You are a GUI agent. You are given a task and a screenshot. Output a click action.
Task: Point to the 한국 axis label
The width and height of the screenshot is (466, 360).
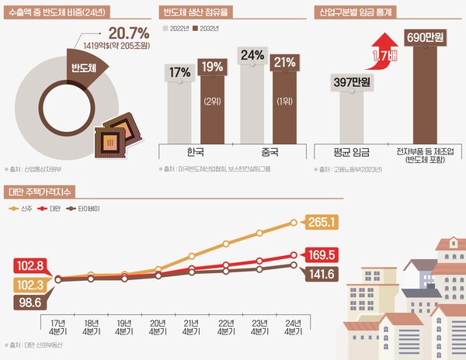pyautogui.click(x=195, y=152)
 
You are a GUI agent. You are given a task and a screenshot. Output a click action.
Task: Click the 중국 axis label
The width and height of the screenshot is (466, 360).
pyautogui.click(x=270, y=152)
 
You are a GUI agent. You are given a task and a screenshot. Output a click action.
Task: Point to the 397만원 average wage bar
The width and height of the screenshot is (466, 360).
pyautogui.click(x=349, y=109)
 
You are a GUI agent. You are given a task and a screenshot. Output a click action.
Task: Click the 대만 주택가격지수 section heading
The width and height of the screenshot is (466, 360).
pyautogui.click(x=37, y=191)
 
